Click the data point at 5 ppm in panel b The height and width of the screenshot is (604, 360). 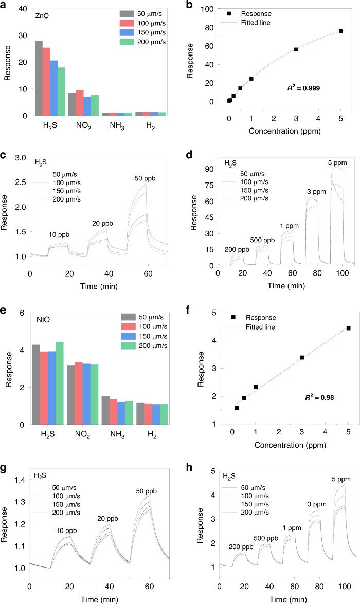[340, 31]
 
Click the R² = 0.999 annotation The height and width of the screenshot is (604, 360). [303, 88]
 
